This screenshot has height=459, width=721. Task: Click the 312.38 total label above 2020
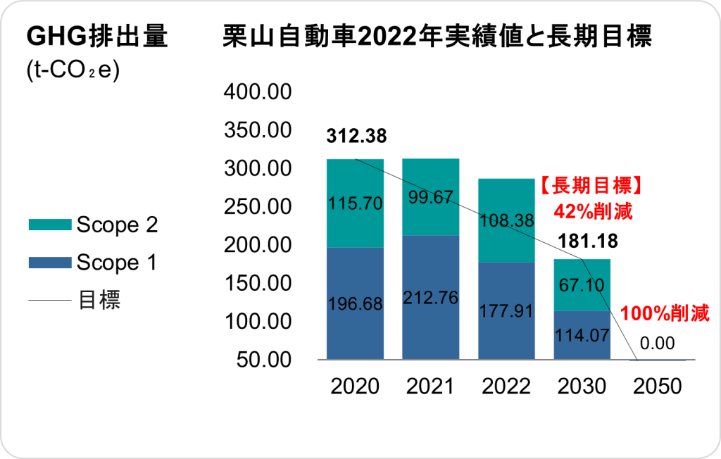(356, 136)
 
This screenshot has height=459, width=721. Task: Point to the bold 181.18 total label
(587, 241)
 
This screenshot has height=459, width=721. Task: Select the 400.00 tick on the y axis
(256, 92)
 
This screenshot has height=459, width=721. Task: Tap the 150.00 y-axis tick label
(256, 283)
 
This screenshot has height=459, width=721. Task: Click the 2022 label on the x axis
(506, 386)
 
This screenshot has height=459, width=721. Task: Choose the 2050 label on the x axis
(658, 386)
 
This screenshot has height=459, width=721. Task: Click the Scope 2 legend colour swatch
(49, 225)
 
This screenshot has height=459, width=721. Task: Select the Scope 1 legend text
(117, 263)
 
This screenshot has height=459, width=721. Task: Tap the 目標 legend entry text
(99, 301)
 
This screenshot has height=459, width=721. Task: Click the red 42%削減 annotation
(593, 210)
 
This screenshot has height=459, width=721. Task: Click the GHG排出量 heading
(96, 37)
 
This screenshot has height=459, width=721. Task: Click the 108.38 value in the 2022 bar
(506, 221)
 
